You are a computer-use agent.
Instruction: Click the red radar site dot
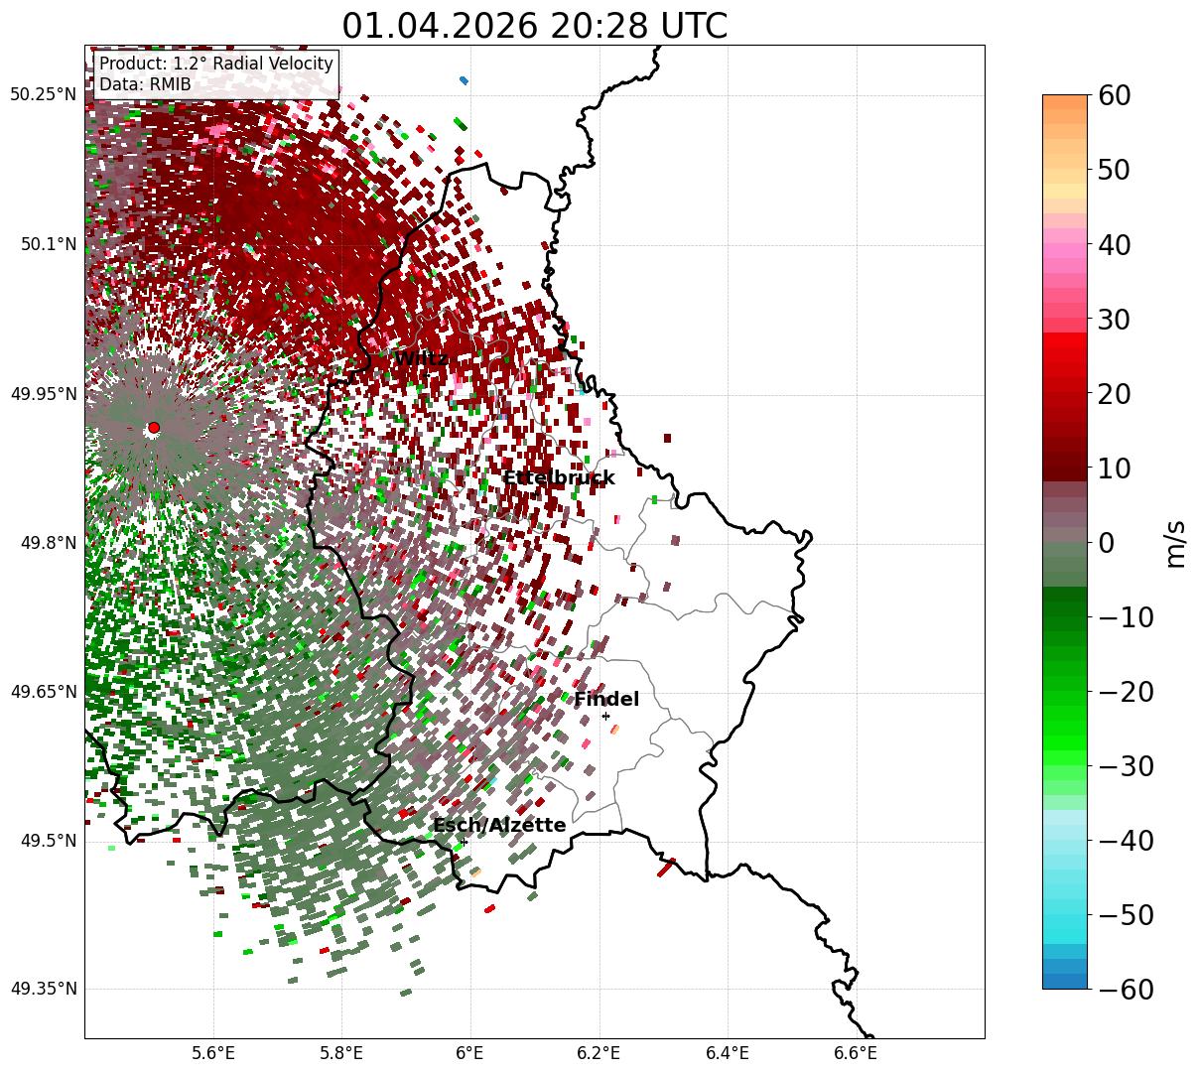pyautogui.click(x=154, y=428)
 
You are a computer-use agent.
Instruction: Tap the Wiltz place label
pyautogui.click(x=421, y=358)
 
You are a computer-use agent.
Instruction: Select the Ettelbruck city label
pyautogui.click(x=559, y=478)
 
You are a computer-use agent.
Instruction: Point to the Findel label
pyautogui.click(x=606, y=699)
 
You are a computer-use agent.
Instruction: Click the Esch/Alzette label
pyautogui.click(x=499, y=825)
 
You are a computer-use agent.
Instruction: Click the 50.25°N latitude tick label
pyautogui.click(x=44, y=94)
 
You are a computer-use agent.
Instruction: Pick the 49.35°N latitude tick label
pyautogui.click(x=44, y=989)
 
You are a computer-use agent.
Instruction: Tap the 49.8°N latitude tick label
pyautogui.click(x=49, y=543)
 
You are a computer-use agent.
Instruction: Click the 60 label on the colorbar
pyautogui.click(x=1114, y=96)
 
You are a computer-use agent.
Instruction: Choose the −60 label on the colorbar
pyautogui.click(x=1126, y=990)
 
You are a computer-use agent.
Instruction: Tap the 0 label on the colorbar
pyautogui.click(x=1107, y=543)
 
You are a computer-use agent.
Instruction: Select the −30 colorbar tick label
pyautogui.click(x=1126, y=766)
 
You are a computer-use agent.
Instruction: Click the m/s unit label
pyautogui.click(x=1175, y=544)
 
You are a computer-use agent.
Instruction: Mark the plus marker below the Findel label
pyautogui.click(x=605, y=717)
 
